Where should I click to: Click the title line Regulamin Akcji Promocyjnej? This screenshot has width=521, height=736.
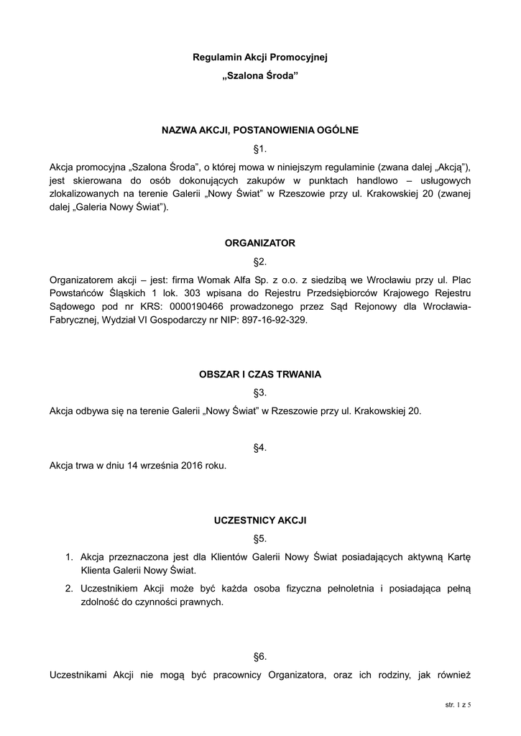tap(260, 56)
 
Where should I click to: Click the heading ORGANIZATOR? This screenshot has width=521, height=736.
tap(260, 244)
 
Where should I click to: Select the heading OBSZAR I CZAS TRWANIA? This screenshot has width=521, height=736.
tap(260, 374)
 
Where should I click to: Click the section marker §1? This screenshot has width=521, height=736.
tap(260, 149)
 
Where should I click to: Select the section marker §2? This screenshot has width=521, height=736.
tap(260, 262)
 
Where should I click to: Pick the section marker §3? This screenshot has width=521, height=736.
tap(260, 393)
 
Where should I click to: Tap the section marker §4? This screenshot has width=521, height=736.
tap(260, 448)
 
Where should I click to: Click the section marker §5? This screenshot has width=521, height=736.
tap(260, 538)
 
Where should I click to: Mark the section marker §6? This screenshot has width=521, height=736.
tap(260, 656)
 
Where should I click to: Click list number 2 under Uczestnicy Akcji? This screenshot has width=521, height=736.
tap(69, 589)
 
